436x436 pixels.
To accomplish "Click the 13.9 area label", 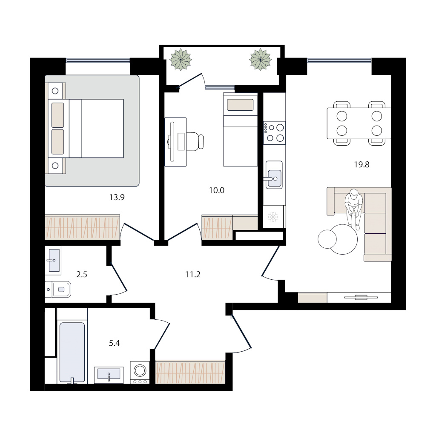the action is (117, 198).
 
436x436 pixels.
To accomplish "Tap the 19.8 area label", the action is (361, 165).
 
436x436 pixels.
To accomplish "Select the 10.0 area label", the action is (217, 190).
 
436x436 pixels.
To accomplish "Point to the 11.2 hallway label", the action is (193, 275).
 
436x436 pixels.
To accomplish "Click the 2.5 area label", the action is (82, 275).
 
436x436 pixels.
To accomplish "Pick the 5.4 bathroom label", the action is (114, 343).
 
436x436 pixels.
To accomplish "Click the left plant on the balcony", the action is (181, 60).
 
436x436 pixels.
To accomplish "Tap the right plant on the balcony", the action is (260, 60).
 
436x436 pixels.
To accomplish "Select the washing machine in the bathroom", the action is (140, 373).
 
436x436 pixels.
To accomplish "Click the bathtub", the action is (72, 353).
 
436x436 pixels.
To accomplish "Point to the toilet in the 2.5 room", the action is (58, 290).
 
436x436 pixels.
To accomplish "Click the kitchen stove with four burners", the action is (275, 133).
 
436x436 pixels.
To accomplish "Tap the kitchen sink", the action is (274, 175).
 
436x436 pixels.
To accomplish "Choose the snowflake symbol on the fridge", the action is (273, 217).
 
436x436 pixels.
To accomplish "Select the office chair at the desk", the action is (195, 141).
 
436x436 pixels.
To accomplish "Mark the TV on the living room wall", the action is (361, 298).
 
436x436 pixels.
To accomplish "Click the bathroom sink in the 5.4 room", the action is (109, 375).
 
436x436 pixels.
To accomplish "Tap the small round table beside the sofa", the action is (327, 239).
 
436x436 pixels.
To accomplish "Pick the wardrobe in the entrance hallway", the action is (190, 372).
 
